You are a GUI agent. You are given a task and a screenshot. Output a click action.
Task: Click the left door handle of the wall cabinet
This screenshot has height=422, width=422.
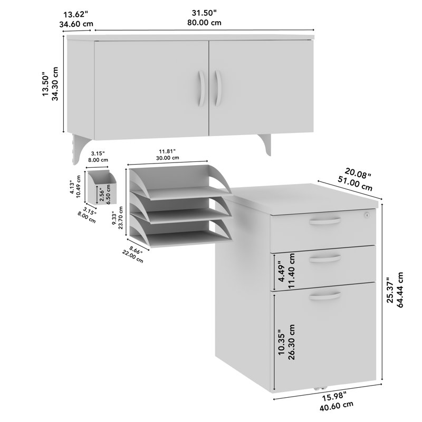(202, 88)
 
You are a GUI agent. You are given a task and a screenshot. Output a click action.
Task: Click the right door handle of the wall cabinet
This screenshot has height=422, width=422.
(218, 88)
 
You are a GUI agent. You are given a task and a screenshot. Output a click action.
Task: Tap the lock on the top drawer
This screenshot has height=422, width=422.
(366, 215)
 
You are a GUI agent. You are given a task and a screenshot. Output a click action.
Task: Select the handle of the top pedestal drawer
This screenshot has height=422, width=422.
(324, 221)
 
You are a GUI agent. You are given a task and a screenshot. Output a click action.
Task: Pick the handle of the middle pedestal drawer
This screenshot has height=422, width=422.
(324, 258)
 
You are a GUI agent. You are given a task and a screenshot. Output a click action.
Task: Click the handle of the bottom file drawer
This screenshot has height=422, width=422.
(324, 296)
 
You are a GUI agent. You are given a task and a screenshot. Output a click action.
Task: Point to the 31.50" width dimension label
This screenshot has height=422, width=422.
(204, 13)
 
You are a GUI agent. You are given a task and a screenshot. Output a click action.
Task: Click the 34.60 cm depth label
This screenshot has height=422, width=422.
(76, 24)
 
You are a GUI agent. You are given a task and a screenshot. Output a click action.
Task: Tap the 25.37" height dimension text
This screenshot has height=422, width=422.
(390, 290)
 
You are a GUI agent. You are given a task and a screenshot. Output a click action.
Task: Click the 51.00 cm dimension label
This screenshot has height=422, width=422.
(355, 185)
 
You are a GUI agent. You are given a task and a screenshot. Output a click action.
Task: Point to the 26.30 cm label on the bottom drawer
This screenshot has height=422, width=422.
(291, 342)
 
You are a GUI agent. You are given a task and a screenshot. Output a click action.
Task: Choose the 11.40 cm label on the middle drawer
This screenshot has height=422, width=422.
(291, 271)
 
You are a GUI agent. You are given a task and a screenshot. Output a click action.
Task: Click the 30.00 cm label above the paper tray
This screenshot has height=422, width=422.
(167, 158)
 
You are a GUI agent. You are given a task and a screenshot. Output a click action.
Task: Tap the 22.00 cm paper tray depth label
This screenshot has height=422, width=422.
(133, 256)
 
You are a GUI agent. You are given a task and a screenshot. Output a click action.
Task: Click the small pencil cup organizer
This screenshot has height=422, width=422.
(102, 187)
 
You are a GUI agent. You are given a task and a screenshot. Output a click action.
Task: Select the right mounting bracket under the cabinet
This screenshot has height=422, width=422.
(265, 145)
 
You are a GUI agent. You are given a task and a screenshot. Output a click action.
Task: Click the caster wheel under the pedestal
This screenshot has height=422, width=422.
(320, 388)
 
